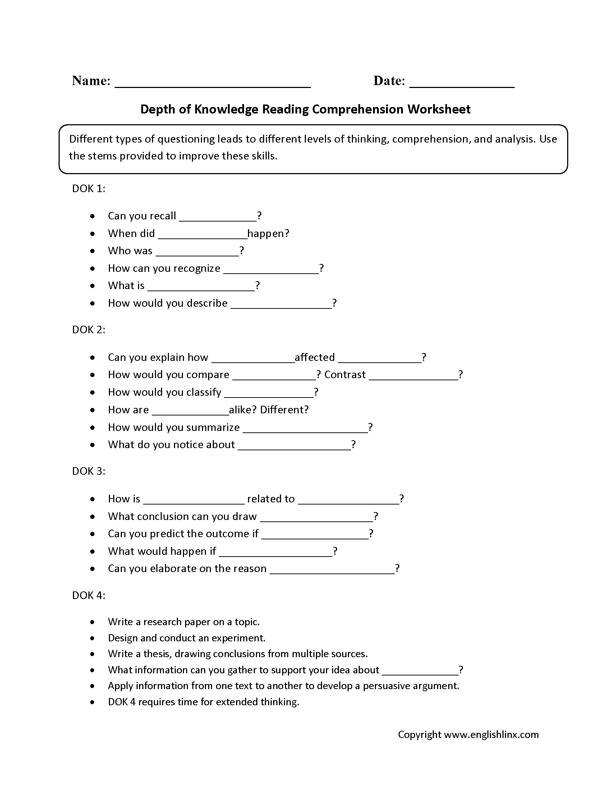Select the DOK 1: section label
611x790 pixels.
89,189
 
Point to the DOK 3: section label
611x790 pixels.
89,471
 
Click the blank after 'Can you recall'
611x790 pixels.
218,218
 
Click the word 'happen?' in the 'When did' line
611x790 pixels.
268,234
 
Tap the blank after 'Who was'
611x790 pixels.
197,254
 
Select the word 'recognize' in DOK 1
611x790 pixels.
198,268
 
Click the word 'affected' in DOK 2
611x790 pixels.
314,357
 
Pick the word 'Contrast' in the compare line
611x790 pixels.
345,375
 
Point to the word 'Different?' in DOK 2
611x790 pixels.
284,410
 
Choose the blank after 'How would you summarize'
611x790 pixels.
305,430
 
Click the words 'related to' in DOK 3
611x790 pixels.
271,499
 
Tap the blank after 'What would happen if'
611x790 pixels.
276,554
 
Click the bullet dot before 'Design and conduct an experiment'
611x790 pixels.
93,638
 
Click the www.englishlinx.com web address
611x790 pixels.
491,734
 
